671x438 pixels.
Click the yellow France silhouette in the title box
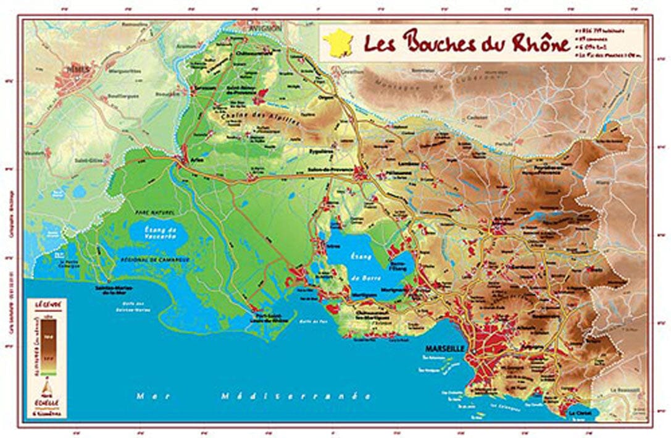[x=339, y=43]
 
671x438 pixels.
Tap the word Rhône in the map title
[x=533, y=44]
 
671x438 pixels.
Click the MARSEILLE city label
[x=444, y=348]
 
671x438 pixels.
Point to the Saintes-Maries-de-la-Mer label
[x=114, y=289]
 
